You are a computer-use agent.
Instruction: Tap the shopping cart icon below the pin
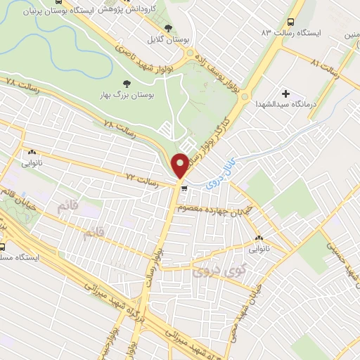[184, 188]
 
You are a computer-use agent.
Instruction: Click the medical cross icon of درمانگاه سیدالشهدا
[287, 94]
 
